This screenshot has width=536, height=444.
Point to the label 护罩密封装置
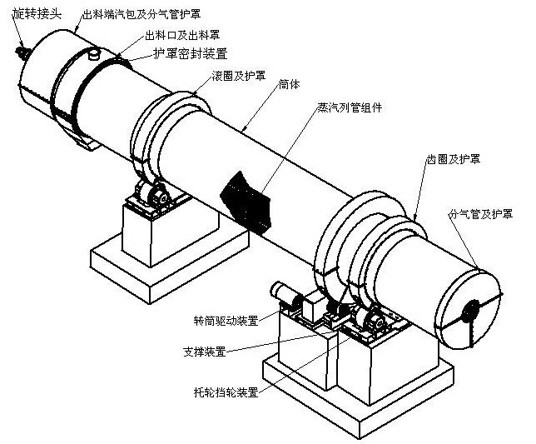(x=188, y=53)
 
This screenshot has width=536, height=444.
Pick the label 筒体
(x=290, y=83)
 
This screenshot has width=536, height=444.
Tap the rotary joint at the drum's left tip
(x=21, y=52)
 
